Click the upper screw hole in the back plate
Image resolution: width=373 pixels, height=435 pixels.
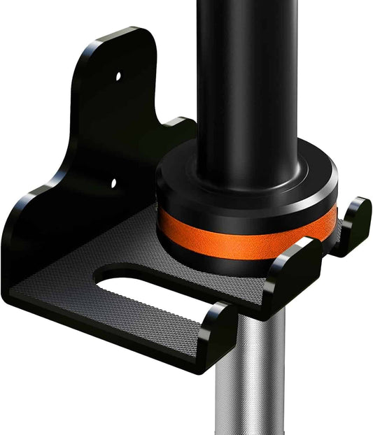pos(118,74)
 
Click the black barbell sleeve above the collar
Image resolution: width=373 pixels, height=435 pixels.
pos(245,84)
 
